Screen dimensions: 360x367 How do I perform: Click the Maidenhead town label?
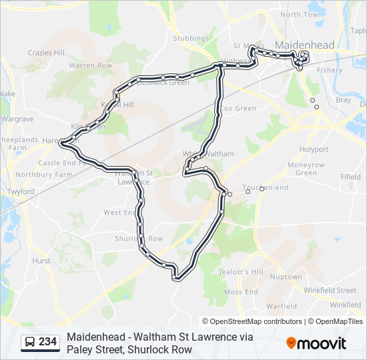click(x=304, y=44)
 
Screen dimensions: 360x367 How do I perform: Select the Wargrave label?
click(x=17, y=119)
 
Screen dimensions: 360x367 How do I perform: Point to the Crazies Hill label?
click(x=46, y=53)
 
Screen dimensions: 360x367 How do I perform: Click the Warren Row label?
click(x=90, y=66)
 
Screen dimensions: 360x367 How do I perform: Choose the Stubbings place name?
click(x=189, y=39)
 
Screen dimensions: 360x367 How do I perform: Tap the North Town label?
click(x=301, y=15)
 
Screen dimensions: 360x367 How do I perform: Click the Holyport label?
click(x=314, y=149)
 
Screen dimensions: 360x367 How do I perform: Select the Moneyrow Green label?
click(x=306, y=169)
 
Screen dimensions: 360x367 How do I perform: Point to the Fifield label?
click(x=350, y=177)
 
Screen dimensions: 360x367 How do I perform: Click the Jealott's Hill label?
click(x=242, y=272)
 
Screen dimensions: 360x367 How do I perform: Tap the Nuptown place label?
click(x=286, y=277)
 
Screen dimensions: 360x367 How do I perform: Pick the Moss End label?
click(x=241, y=292)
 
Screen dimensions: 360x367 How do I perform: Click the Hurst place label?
click(x=41, y=261)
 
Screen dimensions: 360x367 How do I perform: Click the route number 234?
click(x=47, y=342)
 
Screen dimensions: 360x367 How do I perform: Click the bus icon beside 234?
click(x=30, y=342)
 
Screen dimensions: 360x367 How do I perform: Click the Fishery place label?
click(x=330, y=70)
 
